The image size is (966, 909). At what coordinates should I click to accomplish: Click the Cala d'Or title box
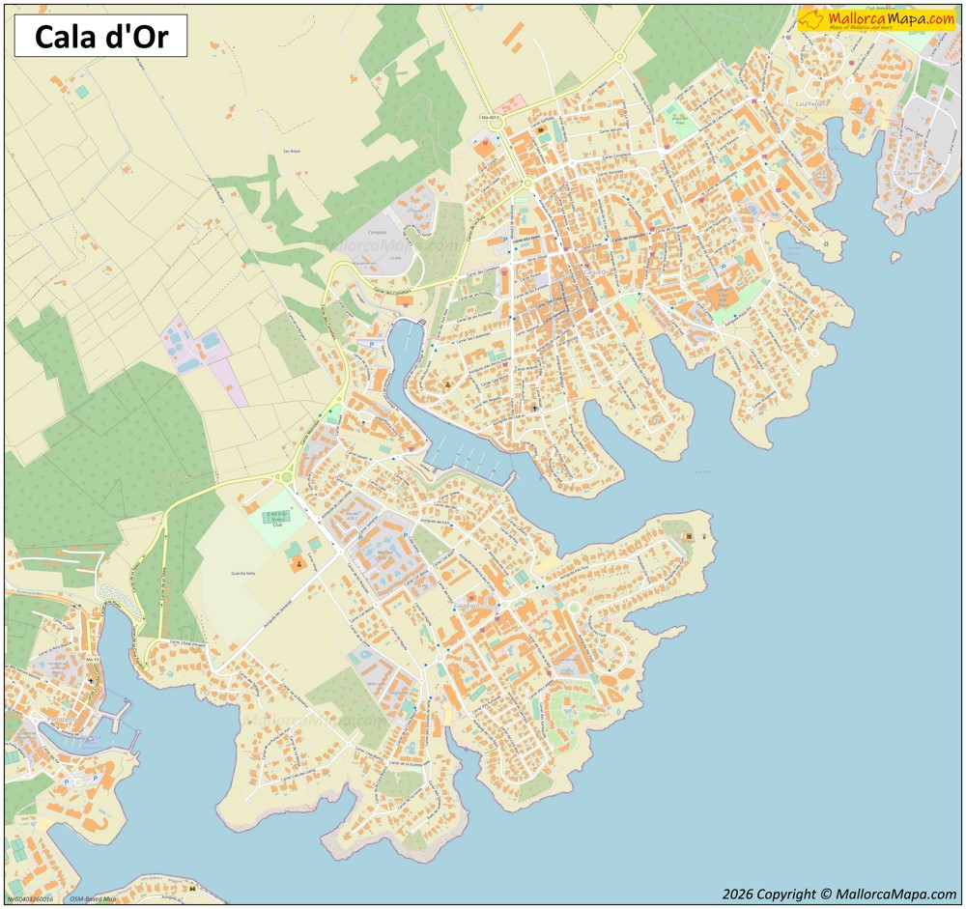(100, 37)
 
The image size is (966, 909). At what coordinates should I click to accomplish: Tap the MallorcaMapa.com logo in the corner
(876, 20)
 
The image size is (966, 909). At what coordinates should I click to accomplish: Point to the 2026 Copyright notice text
(838, 895)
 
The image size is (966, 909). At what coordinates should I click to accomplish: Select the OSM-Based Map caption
(93, 899)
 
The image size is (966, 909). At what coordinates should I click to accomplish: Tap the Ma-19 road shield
(93, 659)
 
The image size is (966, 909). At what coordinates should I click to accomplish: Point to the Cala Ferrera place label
(811, 102)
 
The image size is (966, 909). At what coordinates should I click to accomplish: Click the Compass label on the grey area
(378, 233)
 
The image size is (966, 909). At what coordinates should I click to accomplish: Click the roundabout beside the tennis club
(286, 476)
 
